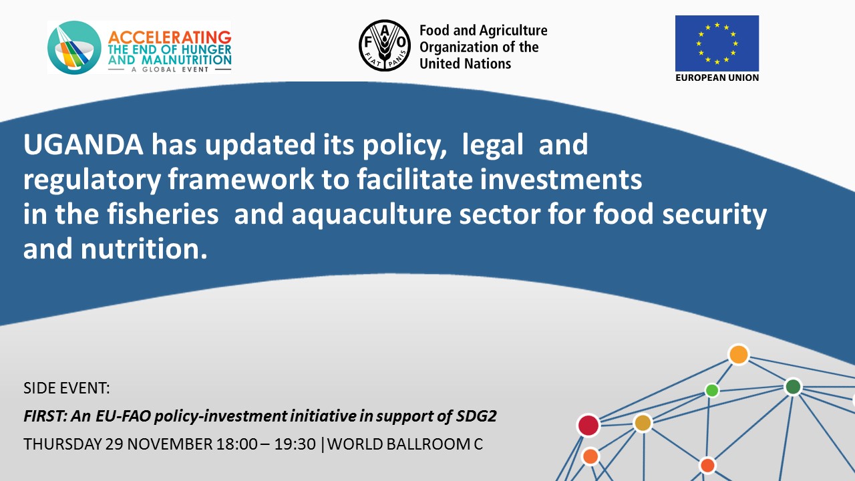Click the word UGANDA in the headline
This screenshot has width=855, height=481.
[x=83, y=144]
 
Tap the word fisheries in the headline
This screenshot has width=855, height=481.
[x=163, y=214]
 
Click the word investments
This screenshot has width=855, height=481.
[x=561, y=180]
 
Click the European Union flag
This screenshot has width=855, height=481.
[x=717, y=43]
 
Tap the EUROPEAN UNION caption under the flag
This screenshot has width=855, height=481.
[x=717, y=77]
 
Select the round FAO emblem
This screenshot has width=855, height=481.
[x=385, y=45]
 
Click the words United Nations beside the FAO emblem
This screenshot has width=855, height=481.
[x=465, y=63]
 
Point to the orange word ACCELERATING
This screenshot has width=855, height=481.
[x=170, y=37]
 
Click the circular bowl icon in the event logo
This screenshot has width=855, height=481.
[x=74, y=47]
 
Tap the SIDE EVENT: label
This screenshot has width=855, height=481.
[x=66, y=388]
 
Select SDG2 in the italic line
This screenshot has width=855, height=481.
[x=476, y=416]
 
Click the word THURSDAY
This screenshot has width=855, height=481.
[x=63, y=444]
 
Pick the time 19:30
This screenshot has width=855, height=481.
[x=295, y=444]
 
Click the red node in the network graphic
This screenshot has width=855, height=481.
[x=588, y=426]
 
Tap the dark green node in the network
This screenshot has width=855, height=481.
[x=793, y=387]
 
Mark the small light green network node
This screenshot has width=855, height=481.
[x=712, y=390]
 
